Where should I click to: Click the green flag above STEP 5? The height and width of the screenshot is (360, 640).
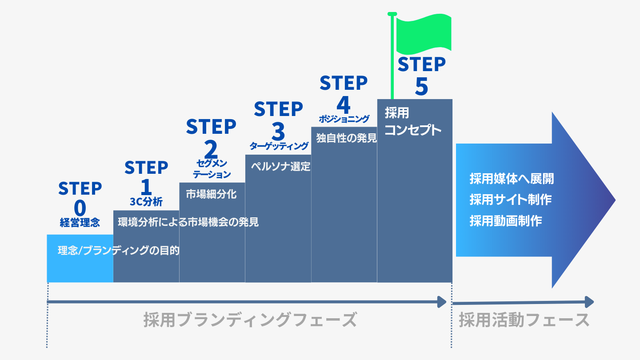tap(423, 34)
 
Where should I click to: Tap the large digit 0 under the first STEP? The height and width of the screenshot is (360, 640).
tap(80, 208)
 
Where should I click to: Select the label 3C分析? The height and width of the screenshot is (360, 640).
tap(146, 201)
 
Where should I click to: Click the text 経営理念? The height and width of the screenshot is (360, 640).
tap(80, 223)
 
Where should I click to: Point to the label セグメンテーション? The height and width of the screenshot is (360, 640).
tap(212, 169)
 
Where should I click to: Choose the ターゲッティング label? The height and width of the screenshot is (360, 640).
tap(279, 146)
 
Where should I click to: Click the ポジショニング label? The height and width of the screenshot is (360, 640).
tap(344, 119)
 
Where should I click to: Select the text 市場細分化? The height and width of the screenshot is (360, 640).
tap(211, 194)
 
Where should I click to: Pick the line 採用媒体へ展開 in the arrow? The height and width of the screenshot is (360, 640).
tap(512, 179)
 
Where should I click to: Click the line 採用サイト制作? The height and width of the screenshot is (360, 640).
tap(510, 200)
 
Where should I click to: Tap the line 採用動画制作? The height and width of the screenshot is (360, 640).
tap(506, 221)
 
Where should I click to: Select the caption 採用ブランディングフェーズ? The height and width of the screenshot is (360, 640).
tap(250, 320)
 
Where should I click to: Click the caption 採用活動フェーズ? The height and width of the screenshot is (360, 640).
tap(524, 320)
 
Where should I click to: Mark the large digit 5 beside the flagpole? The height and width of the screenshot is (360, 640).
tap(421, 87)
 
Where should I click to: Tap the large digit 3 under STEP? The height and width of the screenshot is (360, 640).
tap(278, 132)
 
